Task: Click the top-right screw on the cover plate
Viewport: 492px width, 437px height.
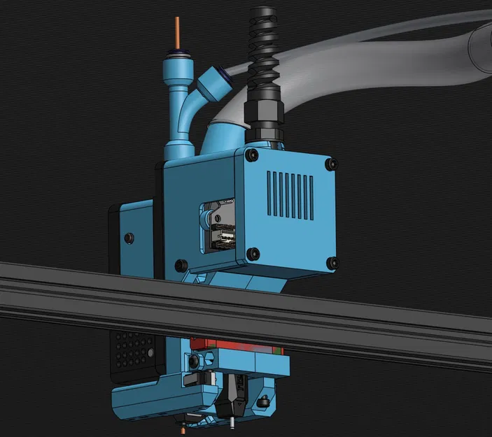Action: coord(329,165)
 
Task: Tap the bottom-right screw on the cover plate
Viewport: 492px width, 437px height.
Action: coord(330,264)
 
